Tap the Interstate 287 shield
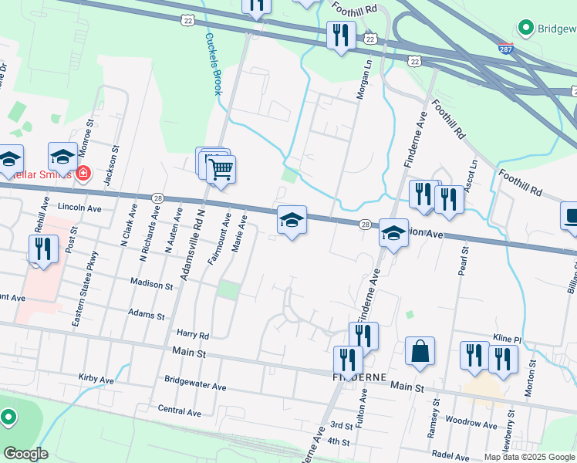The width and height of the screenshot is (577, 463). [505, 48]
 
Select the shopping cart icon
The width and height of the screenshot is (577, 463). [221, 169]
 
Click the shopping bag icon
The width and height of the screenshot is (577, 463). [420, 351]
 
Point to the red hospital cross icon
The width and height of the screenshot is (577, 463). [82, 174]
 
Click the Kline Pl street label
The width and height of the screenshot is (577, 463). [508, 340]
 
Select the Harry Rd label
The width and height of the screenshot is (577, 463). [193, 335]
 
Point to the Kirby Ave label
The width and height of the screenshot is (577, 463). [96, 379]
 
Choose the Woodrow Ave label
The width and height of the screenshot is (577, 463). [471, 424]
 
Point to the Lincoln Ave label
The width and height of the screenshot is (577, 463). [80, 208]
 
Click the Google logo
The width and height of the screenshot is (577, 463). [25, 454]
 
